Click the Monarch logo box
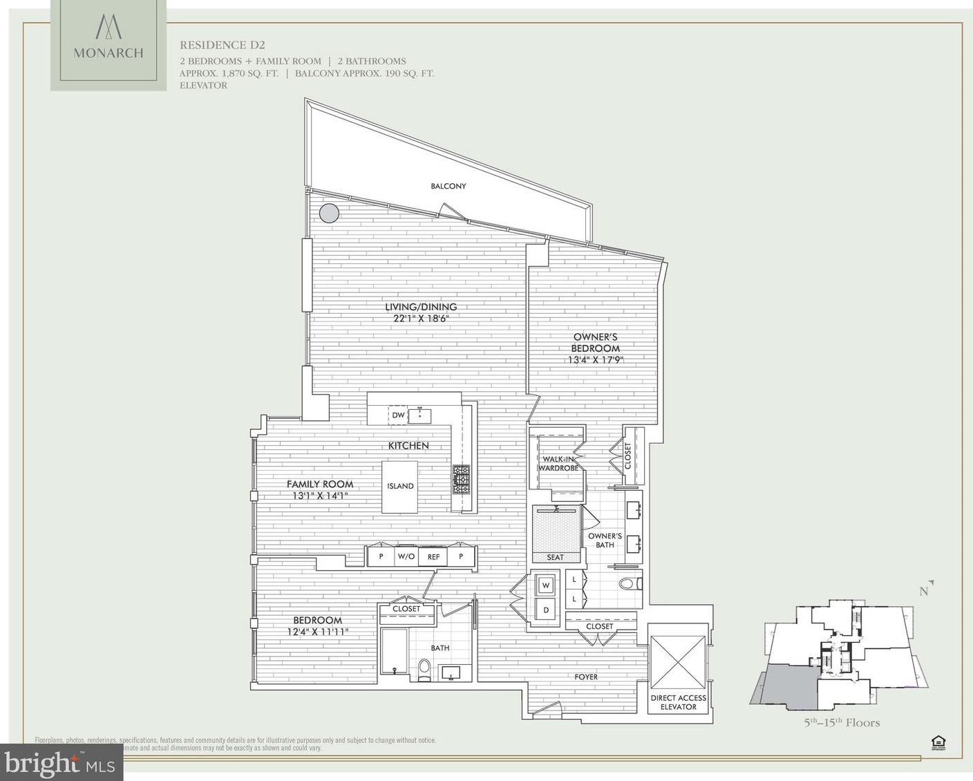point(108,45)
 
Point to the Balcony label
point(448,186)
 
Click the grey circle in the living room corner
point(330,213)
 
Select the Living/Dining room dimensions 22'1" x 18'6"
point(421,319)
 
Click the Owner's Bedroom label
point(595,343)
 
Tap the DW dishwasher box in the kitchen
point(398,415)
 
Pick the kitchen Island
point(400,486)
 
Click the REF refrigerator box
point(433,556)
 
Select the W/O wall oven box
point(406,556)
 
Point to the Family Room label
point(320,484)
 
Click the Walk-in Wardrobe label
point(559,464)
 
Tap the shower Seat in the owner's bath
point(555,557)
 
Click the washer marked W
point(546,585)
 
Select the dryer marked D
point(546,610)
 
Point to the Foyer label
point(586,677)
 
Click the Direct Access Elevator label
point(678,702)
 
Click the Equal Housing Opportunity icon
point(938,743)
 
